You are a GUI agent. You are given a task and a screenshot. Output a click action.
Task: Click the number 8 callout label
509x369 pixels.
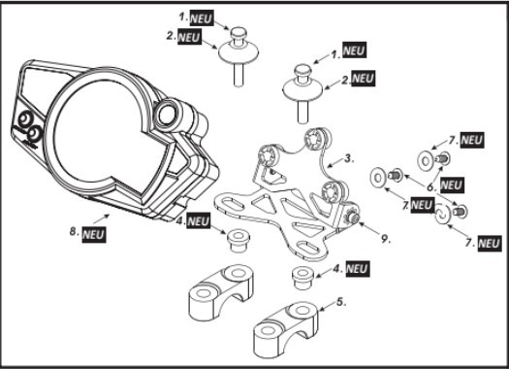tap(73, 232)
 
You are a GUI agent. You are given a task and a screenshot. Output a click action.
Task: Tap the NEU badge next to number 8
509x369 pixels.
tap(94, 234)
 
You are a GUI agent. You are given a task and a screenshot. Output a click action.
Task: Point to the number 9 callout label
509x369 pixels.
tap(385, 239)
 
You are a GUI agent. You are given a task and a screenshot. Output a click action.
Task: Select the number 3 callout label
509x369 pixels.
tap(349, 158)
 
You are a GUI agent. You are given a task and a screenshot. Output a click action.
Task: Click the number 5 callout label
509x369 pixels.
tap(341, 302)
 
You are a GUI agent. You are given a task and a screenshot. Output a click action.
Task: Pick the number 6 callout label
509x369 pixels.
tap(431, 187)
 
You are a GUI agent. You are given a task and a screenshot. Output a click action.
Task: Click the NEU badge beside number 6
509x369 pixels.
tap(452, 185)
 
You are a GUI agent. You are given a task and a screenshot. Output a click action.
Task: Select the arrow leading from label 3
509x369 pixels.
tap(335, 162)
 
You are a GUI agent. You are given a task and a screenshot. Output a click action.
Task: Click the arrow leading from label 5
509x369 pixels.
tap(328, 306)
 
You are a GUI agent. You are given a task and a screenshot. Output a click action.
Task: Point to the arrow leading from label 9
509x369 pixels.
tap(368, 229)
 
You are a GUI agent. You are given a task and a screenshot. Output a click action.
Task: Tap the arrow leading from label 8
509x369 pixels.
tap(101, 218)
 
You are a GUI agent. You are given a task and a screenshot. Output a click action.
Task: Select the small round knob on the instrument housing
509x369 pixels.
tap(167, 115)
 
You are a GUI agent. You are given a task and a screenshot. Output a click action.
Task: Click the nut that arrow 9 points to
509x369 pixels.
tap(353, 218)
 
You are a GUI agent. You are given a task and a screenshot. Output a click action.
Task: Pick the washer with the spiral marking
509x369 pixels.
tap(442, 214)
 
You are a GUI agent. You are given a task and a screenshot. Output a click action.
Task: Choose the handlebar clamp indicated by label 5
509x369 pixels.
tap(286, 329)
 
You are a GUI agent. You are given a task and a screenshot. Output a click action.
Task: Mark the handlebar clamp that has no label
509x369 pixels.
tap(221, 292)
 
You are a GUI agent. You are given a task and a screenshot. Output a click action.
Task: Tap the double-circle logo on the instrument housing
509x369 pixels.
tap(29, 128)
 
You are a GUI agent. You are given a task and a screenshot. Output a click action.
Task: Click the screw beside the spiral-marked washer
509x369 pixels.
tap(461, 212)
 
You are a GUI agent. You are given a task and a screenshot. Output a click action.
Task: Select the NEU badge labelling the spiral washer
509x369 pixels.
tap(490, 243)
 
